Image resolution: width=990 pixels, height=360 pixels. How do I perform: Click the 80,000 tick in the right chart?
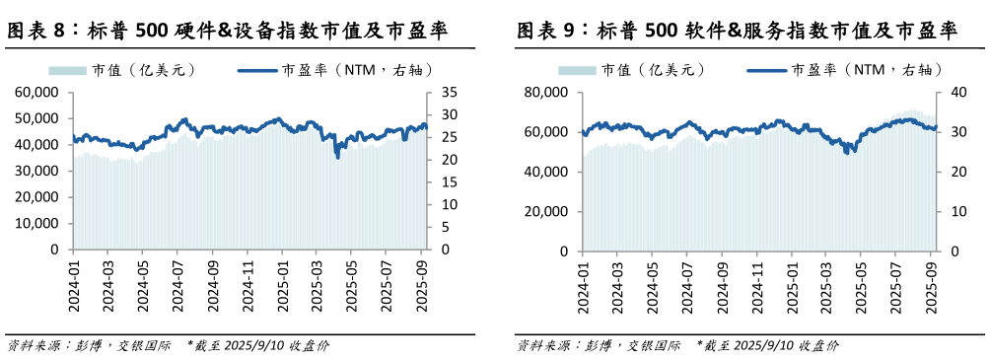pyautogui.click(x=548, y=92)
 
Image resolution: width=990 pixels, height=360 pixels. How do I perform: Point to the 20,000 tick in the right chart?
pyautogui.click(x=548, y=211)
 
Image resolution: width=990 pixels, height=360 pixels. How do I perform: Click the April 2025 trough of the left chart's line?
pyautogui.click(x=338, y=156)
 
